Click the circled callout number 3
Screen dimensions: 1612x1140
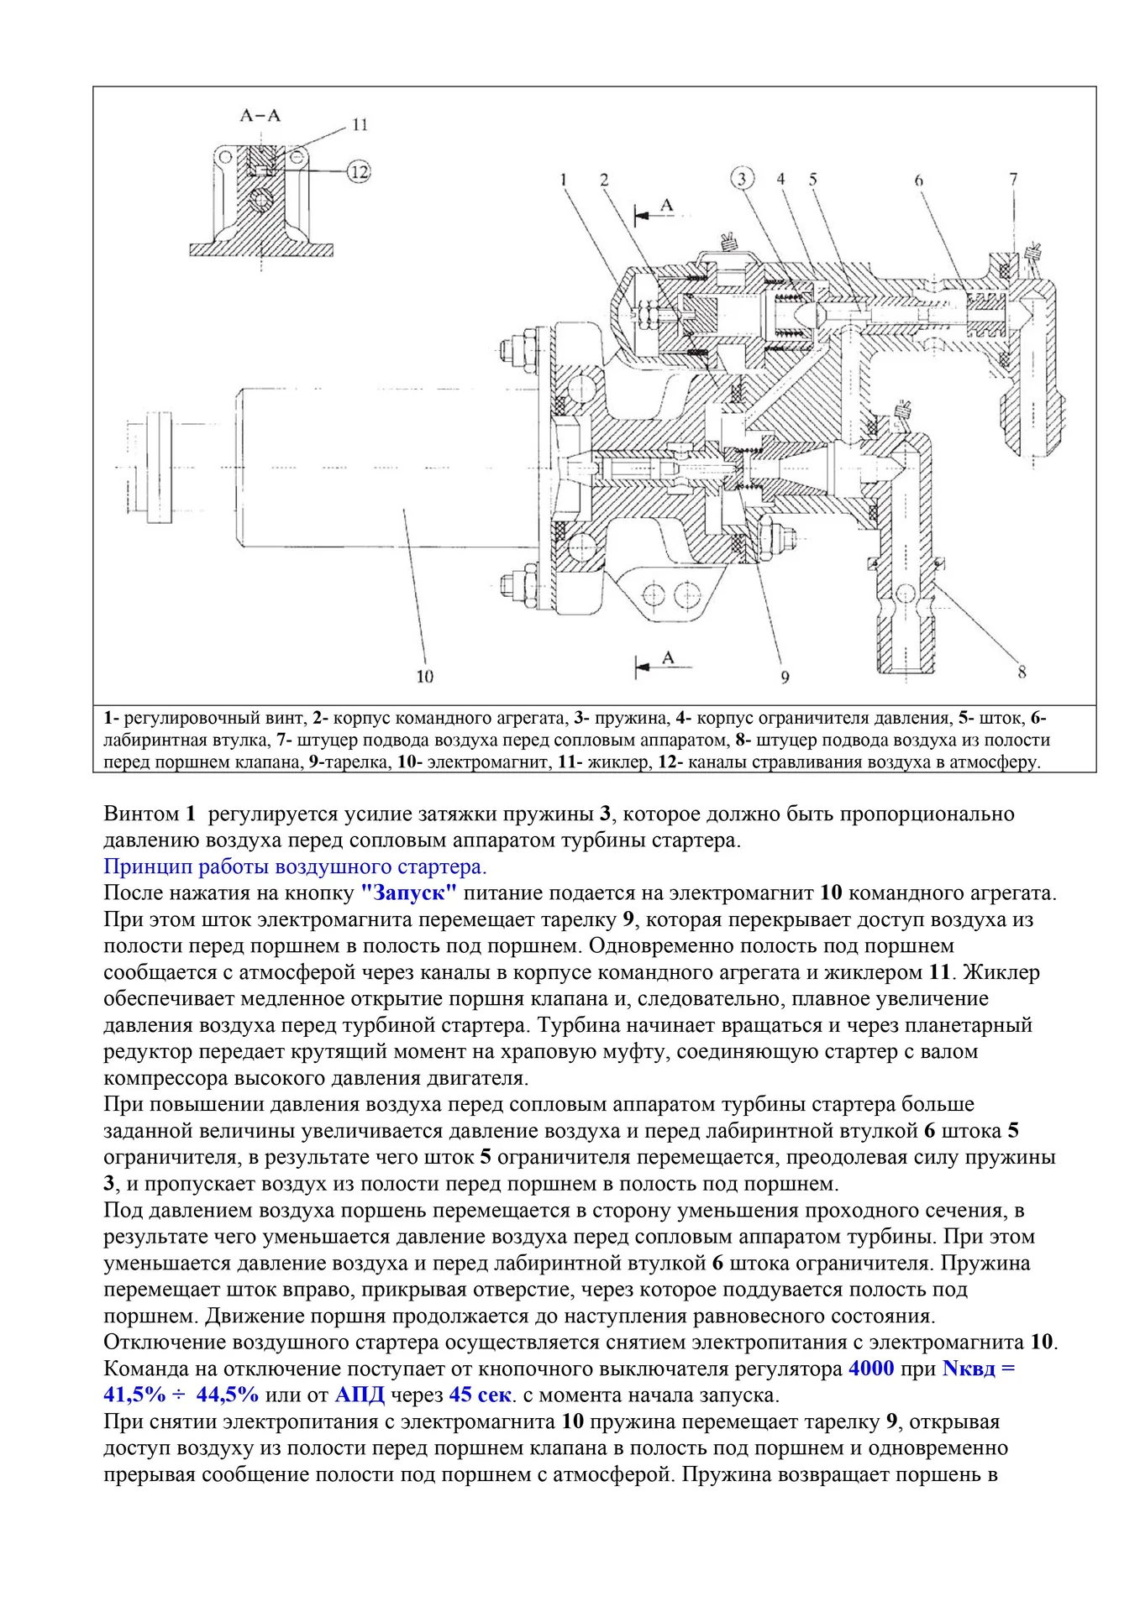tap(742, 178)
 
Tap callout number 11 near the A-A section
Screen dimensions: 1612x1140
tap(360, 125)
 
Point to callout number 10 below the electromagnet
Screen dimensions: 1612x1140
tap(425, 677)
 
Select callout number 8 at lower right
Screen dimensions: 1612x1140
tap(1022, 672)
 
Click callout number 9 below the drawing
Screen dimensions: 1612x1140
tap(785, 677)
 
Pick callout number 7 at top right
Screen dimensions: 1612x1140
tap(1014, 179)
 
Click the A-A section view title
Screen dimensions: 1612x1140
tap(260, 115)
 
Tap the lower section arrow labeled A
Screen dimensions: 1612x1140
tap(663, 662)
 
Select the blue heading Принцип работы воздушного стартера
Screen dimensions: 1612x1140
tap(295, 866)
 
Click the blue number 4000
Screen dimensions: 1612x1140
tap(871, 1369)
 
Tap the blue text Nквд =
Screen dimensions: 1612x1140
tap(978, 1369)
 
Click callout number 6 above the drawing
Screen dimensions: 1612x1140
tap(918, 179)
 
